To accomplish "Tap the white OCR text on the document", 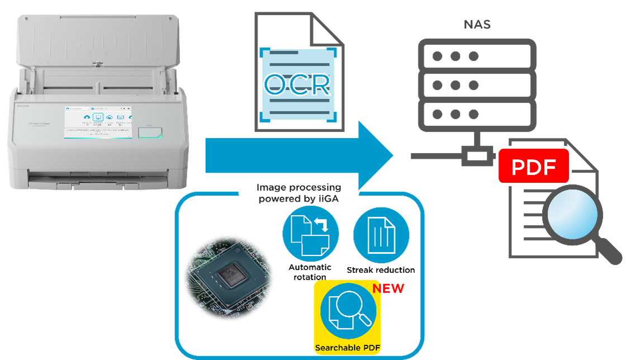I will (297, 84).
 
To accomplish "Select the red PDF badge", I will (533, 167).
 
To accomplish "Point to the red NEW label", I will (388, 288).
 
